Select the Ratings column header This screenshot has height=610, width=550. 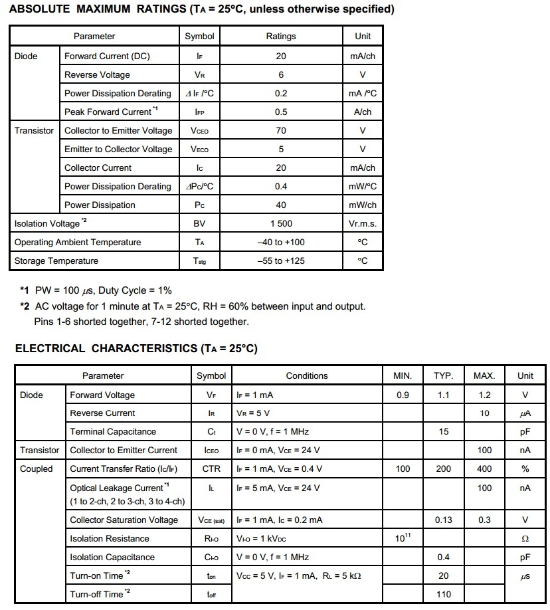click(281, 37)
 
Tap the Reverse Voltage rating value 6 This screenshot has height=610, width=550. click(281, 75)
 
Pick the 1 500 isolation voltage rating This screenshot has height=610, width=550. click(281, 224)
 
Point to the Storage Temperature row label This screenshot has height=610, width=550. click(56, 261)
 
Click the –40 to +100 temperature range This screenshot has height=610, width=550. click(281, 243)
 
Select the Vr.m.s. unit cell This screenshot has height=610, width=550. click(363, 224)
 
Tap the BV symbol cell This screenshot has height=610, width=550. click(199, 224)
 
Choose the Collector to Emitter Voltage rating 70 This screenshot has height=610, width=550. click(281, 131)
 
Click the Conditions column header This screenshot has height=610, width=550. click(307, 376)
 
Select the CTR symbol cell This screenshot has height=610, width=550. click(211, 469)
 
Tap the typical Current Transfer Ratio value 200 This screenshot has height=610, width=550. click(443, 469)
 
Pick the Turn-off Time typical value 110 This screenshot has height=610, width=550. click(443, 594)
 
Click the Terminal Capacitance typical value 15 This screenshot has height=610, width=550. click(443, 432)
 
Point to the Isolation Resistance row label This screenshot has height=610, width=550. click(110, 539)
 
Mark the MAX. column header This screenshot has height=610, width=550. click(484, 376)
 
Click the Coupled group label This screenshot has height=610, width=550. click(37, 469)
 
